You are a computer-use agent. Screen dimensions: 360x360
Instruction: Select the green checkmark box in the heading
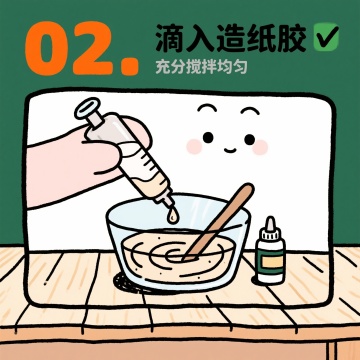[x=326, y=37]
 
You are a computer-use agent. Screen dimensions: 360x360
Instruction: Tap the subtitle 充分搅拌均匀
[x=201, y=67]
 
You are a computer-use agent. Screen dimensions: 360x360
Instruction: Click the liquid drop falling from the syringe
[x=173, y=216]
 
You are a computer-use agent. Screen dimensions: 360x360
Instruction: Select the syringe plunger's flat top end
[x=88, y=109]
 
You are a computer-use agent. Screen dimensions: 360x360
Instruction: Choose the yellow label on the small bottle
[x=272, y=262]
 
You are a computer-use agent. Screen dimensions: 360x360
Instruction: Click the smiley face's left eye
[x=208, y=137]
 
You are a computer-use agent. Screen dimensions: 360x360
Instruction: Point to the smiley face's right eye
[x=249, y=139]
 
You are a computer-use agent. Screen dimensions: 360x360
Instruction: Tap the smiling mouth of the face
[x=229, y=150]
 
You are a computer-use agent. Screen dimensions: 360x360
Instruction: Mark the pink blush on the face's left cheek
[x=194, y=147]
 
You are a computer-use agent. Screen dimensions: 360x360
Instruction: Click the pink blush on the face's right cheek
[x=261, y=147]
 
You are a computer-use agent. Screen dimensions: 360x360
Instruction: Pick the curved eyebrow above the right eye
[x=250, y=111]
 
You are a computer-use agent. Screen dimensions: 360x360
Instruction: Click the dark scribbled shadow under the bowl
[x=128, y=283]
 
